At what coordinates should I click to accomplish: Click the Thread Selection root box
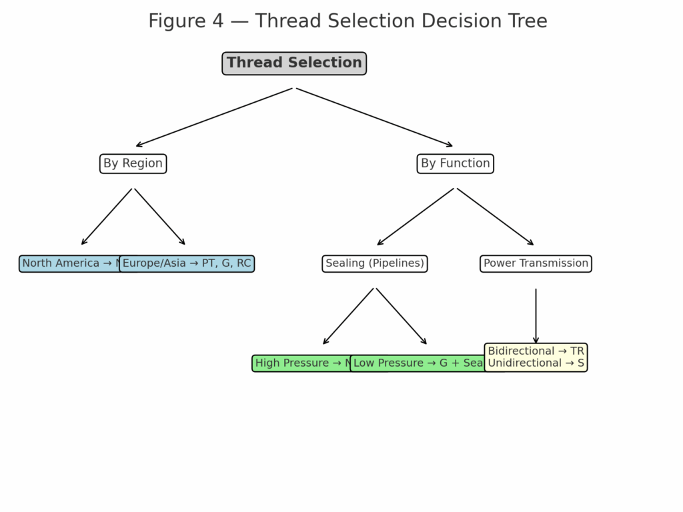click(x=294, y=63)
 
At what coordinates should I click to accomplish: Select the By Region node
click(x=133, y=163)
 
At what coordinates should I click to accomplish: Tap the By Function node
click(x=455, y=163)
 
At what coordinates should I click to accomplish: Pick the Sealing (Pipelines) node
click(x=375, y=263)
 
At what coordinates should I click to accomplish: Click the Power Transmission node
click(x=536, y=263)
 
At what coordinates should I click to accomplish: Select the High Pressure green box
click(x=300, y=363)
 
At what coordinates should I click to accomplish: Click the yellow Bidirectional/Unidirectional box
click(x=536, y=357)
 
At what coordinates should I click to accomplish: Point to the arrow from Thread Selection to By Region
click(x=213, y=117)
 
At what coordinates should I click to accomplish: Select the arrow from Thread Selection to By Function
click(x=374, y=117)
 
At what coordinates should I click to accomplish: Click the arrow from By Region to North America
click(x=107, y=217)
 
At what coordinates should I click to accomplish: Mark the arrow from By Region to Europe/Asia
click(x=160, y=217)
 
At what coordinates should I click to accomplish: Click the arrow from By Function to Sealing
click(x=416, y=217)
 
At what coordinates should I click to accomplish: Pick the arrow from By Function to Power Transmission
click(x=496, y=217)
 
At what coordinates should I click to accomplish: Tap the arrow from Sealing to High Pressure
click(x=348, y=317)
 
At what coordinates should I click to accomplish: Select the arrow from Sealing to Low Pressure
click(x=402, y=317)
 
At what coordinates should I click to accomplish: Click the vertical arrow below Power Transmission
click(x=536, y=317)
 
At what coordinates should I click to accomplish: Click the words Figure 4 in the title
click(x=185, y=21)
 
